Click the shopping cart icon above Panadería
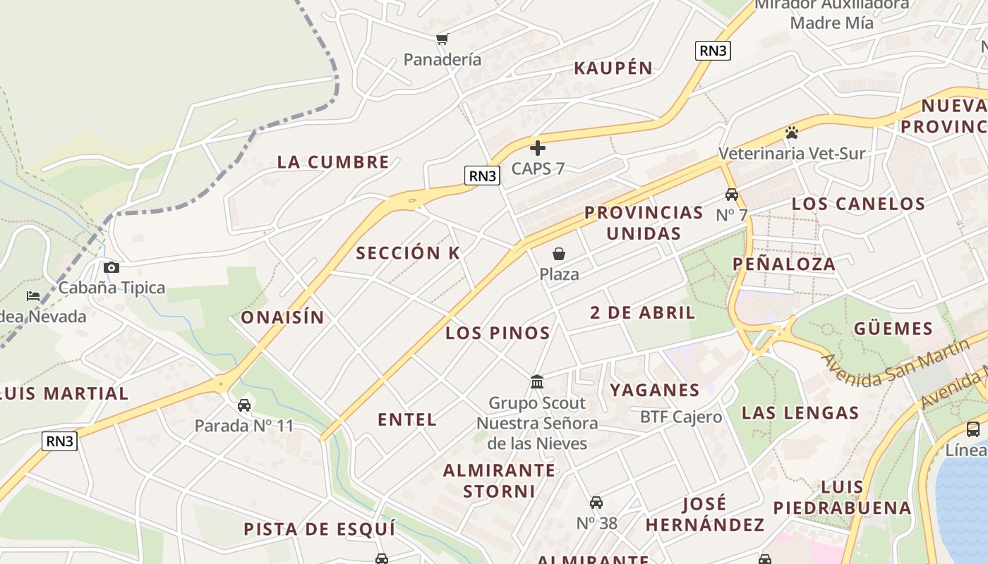pyautogui.click(x=442, y=39)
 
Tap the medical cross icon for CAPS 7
pyautogui.click(x=538, y=148)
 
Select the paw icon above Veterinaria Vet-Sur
pyautogui.click(x=792, y=133)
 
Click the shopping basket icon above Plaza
pyautogui.click(x=559, y=254)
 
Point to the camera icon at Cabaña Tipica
pyautogui.click(x=112, y=267)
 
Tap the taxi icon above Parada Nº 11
pyautogui.click(x=244, y=405)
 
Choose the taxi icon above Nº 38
pyautogui.click(x=596, y=503)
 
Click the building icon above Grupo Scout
pyautogui.click(x=537, y=382)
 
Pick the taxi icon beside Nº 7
pyautogui.click(x=732, y=195)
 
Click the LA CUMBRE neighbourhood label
pyautogui.click(x=333, y=162)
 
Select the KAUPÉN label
pyautogui.click(x=613, y=68)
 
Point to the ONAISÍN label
pyautogui.click(x=283, y=318)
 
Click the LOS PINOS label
pyautogui.click(x=498, y=333)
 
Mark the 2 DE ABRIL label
pyautogui.click(x=643, y=313)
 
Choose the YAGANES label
pyautogui.click(x=655, y=391)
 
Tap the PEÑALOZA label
pyautogui.click(x=783, y=264)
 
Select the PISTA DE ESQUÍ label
pyautogui.click(x=320, y=529)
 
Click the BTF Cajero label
pyautogui.click(x=681, y=417)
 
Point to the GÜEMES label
pyautogui.click(x=893, y=329)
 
